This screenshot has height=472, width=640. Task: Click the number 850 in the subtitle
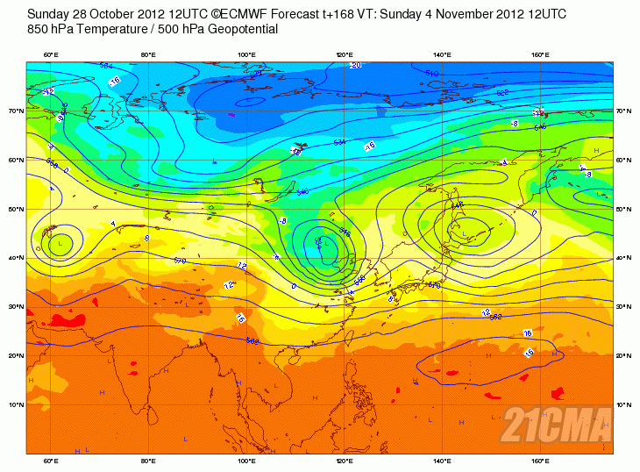click(39, 29)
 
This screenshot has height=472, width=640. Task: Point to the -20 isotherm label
click(355, 65)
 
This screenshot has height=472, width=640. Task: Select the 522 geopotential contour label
click(502, 92)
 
